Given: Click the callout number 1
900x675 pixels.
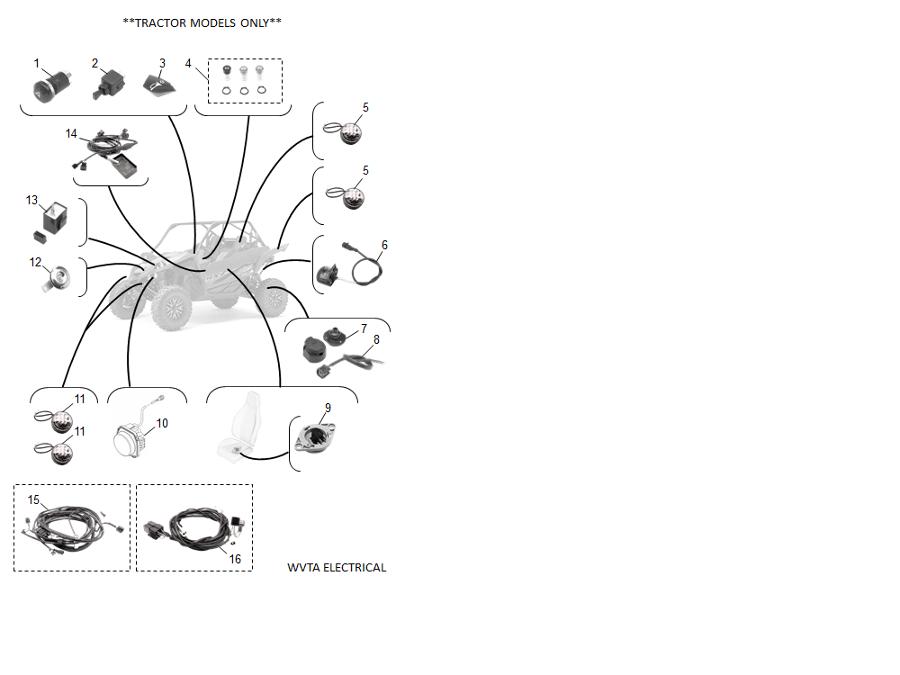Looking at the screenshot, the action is pyautogui.click(x=37, y=63).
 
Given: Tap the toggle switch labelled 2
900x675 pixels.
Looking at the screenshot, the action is pyautogui.click(x=108, y=84).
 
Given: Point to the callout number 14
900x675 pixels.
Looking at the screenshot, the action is pyautogui.click(x=70, y=134).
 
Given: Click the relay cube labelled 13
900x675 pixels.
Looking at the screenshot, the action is pyautogui.click(x=55, y=217).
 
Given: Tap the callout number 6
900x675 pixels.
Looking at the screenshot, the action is pyautogui.click(x=384, y=245).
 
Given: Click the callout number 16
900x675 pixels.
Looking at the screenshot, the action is pyautogui.click(x=235, y=559).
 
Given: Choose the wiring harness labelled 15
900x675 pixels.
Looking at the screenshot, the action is pyautogui.click(x=72, y=528).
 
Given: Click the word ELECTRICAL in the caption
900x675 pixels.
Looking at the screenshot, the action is pyautogui.click(x=354, y=568).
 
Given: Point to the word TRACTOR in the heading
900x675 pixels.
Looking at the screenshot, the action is pyautogui.click(x=160, y=23).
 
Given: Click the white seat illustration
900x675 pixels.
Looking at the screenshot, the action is pyautogui.click(x=241, y=426).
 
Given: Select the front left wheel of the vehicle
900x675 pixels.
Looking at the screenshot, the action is pyautogui.click(x=172, y=308).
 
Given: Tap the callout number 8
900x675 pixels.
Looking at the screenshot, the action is pyautogui.click(x=376, y=340).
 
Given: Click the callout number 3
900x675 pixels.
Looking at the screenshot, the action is pyautogui.click(x=162, y=63).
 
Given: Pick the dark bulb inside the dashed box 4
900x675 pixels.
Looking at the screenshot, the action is pyautogui.click(x=227, y=71).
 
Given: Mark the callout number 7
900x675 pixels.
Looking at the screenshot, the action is pyautogui.click(x=364, y=328).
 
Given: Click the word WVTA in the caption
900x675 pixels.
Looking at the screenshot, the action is pyautogui.click(x=303, y=568).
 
